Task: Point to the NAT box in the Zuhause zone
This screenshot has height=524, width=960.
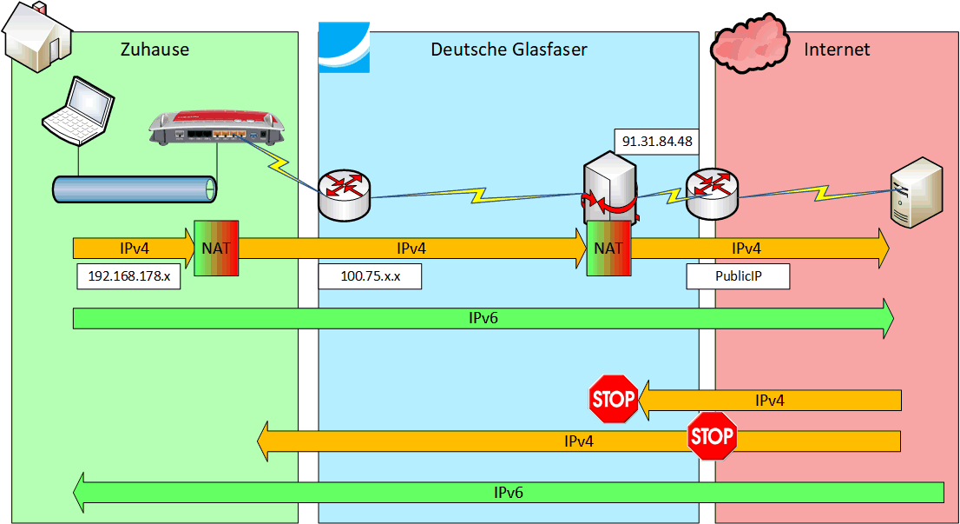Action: pos(216,248)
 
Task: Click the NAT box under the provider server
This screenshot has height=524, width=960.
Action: pos(608,248)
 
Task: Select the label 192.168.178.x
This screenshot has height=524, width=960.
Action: pos(128,276)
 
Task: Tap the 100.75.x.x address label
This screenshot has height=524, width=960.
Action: pos(370,276)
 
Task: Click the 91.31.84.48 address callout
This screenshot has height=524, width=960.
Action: pos(657,141)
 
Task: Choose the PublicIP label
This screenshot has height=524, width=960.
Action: pos(738,276)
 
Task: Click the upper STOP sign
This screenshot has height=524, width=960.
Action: pos(614,400)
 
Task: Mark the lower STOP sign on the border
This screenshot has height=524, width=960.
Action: pos(712,436)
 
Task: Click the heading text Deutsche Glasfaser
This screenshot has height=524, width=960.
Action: pos(509,50)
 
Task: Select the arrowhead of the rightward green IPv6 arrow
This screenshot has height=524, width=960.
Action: pos(885,318)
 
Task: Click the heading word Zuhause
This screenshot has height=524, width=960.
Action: pos(155,50)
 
